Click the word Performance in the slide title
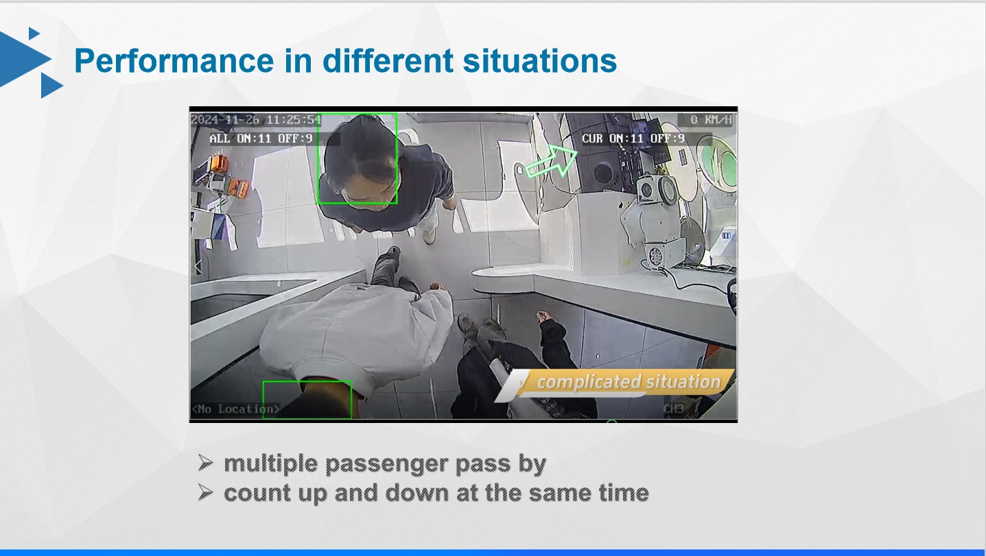(x=174, y=61)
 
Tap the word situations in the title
(x=540, y=61)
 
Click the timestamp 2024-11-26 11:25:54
(x=256, y=120)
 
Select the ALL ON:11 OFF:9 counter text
(x=261, y=138)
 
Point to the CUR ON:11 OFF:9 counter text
(x=633, y=138)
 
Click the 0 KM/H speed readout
(x=710, y=120)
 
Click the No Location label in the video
(x=235, y=409)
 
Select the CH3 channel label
(x=674, y=409)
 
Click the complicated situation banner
(x=616, y=383)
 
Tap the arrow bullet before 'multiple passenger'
(x=206, y=463)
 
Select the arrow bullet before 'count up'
(x=206, y=492)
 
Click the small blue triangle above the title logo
(x=34, y=33)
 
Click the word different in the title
(x=388, y=61)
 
